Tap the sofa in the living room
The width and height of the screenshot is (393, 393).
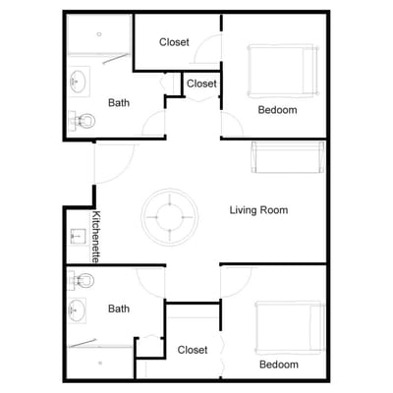[x=288, y=156]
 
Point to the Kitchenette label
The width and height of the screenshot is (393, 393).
[x=97, y=236]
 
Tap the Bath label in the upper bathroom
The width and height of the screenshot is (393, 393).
[x=119, y=102]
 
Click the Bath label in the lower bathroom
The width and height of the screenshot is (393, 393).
[x=119, y=309]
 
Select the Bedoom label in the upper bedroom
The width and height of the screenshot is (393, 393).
[x=277, y=110]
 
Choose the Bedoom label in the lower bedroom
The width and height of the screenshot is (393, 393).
[x=278, y=365]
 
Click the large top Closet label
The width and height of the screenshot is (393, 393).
[x=175, y=42]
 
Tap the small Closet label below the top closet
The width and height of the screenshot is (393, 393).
[x=201, y=84]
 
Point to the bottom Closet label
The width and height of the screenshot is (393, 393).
[x=193, y=350]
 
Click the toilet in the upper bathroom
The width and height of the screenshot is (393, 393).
[x=84, y=121]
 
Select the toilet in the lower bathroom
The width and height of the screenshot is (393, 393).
[x=84, y=280]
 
